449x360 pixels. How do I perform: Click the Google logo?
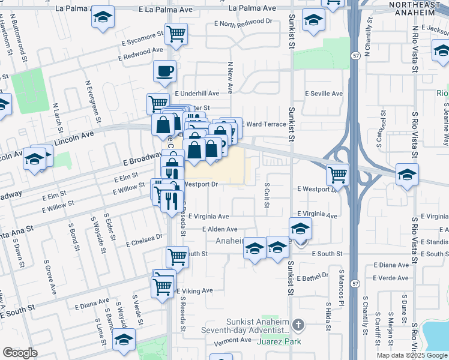[20, 353]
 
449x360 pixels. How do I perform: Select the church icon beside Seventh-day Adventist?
[299, 325]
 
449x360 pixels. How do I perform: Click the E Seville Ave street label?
[324, 94]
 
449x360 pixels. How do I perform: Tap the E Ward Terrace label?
[264, 124]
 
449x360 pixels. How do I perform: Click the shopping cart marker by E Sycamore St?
[176, 35]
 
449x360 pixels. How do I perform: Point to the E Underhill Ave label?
[197, 94]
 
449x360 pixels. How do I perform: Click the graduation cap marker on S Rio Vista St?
[408, 175]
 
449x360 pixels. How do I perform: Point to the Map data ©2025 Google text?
[412, 355]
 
